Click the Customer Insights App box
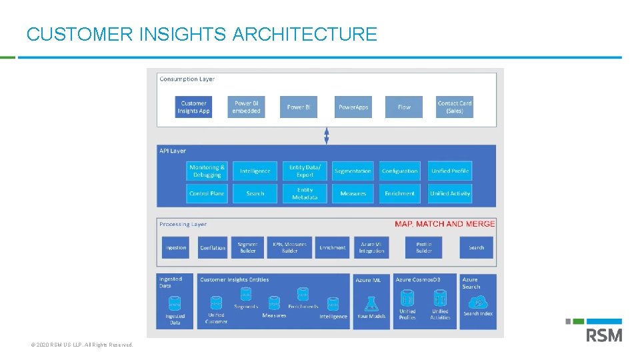coord(194,107)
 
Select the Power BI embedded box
coord(246,107)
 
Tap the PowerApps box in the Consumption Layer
coord(353,107)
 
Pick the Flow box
coord(404,107)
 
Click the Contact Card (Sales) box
coord(455,107)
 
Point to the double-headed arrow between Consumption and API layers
coord(327,135)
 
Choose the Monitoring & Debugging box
coord(207,171)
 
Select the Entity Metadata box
coord(305,193)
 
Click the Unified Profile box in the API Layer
coord(450,171)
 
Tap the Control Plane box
coord(207,193)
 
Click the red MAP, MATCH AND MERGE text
coord(445,224)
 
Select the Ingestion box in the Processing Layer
coord(176,248)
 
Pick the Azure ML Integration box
coord(371,248)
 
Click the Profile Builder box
coord(424,248)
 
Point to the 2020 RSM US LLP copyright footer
coord(82,345)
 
